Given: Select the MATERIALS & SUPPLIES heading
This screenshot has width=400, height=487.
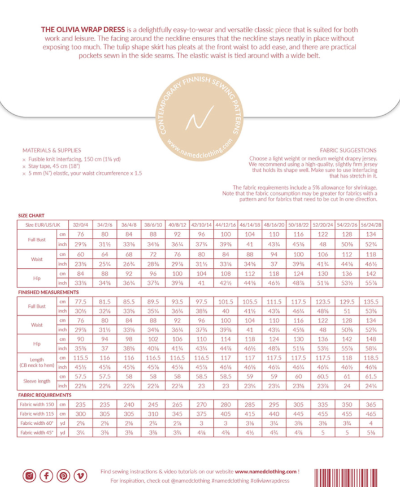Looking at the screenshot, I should (48, 151).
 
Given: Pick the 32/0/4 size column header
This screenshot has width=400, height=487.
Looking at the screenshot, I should (80, 224).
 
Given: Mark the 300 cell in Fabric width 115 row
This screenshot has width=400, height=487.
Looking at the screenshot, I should (80, 413).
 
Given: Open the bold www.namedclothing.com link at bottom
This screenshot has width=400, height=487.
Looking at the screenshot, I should (266, 471).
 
